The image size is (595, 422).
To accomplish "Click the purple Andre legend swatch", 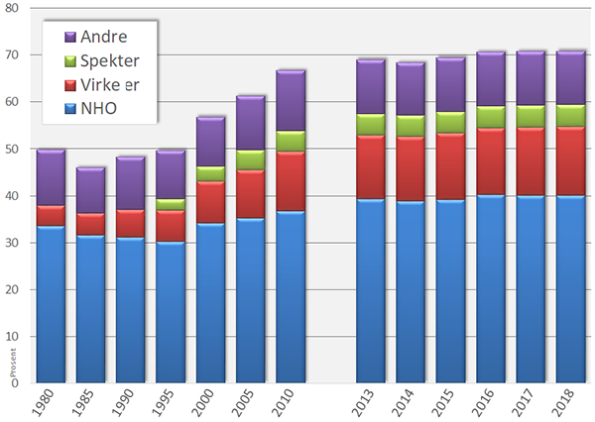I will [x=69, y=37].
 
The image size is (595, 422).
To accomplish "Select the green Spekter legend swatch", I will [x=69, y=60].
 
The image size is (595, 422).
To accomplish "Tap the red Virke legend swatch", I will [x=69, y=84].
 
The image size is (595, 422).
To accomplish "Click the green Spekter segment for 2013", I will [x=370, y=125].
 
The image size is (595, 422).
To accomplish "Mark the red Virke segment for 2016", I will [x=490, y=161].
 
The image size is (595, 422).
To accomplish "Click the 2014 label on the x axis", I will [x=410, y=403].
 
